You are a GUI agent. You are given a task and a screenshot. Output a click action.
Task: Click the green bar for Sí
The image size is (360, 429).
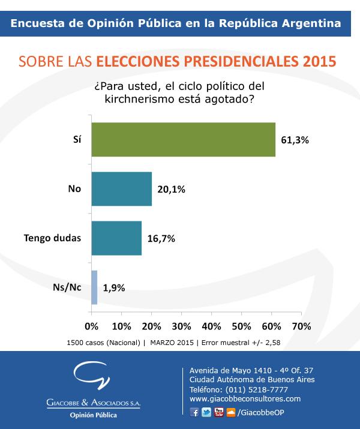183,140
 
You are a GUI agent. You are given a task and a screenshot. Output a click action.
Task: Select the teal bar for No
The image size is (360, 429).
121,189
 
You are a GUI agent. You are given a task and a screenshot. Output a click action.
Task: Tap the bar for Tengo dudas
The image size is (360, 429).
116,238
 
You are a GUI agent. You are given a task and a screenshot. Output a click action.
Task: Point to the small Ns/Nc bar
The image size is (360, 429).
94,287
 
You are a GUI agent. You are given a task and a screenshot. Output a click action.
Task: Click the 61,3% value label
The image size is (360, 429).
295,140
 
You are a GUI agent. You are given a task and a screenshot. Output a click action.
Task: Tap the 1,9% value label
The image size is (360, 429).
114,288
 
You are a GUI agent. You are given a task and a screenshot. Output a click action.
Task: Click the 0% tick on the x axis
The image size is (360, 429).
91,327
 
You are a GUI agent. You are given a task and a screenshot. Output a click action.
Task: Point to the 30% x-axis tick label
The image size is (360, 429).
181,327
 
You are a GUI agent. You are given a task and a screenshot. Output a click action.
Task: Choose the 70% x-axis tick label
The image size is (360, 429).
301,327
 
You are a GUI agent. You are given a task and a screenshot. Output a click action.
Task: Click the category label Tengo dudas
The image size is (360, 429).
52,238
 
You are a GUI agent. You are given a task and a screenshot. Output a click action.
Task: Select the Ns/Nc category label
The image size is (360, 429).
67,287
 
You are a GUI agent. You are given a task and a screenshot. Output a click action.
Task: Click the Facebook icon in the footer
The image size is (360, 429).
194,412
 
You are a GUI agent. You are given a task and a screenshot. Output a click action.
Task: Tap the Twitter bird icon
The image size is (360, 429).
206,412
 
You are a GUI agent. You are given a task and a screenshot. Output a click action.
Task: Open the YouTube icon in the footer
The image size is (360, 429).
218,412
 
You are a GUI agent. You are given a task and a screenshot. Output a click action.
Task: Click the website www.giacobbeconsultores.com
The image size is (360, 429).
245,398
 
